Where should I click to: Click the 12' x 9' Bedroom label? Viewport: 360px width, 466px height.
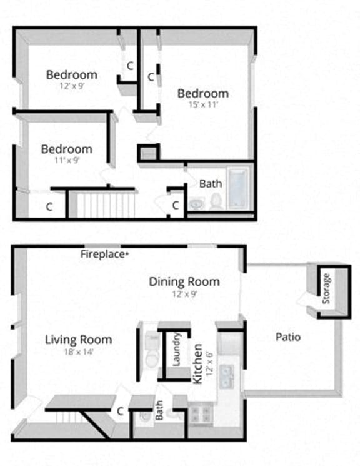pos(72,75)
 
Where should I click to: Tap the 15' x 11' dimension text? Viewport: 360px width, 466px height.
pos(203,105)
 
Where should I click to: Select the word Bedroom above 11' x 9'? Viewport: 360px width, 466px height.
pos(67,149)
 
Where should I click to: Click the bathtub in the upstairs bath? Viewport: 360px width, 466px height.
pos(239,188)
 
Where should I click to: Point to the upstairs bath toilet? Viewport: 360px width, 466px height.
pos(216,201)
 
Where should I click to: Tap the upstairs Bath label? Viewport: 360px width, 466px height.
pos(211,184)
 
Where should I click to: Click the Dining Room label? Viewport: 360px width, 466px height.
pos(184,281)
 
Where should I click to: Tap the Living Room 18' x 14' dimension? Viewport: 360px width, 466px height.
pos(79,352)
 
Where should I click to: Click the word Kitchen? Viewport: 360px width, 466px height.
pos(197,363)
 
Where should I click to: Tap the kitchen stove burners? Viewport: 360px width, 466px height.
pos(202,413)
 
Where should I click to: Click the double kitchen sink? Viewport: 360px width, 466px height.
pos(228,375)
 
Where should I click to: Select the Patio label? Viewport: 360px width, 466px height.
pos(288,337)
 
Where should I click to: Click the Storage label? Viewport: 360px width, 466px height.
pos(326,288)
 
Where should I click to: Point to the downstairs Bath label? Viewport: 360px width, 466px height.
pos(159,410)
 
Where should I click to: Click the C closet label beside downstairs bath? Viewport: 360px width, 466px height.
pos(119,411)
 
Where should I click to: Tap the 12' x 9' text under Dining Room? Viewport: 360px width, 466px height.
pos(184,293)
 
